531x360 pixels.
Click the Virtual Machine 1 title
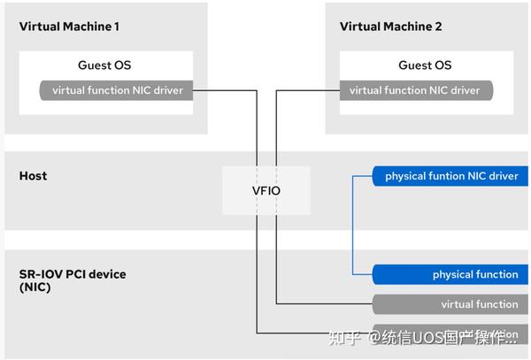pos(69,27)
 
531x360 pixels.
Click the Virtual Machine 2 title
pos(389,27)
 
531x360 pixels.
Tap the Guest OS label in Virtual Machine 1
pos(104,65)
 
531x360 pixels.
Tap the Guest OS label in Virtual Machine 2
pos(425,65)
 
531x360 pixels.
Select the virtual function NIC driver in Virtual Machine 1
pos(117,90)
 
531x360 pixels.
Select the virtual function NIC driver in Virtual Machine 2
pos(415,90)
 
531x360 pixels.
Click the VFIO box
pos(266,190)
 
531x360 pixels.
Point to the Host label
pos(33,176)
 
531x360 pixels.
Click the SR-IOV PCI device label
pos(73,274)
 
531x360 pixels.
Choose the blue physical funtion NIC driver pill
pos(451,176)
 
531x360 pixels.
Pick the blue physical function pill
pos(451,274)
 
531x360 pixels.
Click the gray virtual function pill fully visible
pos(451,304)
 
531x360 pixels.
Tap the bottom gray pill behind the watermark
pos(451,334)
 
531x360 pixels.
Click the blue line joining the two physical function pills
pos(352,226)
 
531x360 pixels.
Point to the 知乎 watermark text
pos(344,338)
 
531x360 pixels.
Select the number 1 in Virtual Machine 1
pos(116,27)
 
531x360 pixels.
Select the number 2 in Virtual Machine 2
pos(437,27)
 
